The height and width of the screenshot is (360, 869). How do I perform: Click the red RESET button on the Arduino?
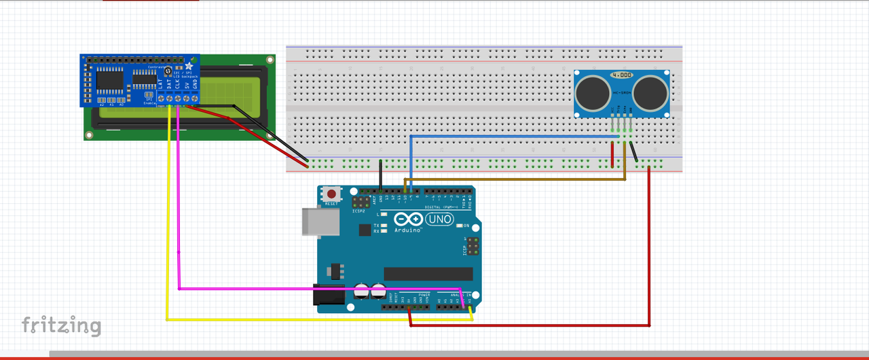331,194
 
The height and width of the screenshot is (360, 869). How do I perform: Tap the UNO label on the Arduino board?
439,219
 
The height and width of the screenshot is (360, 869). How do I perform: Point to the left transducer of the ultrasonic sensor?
591,89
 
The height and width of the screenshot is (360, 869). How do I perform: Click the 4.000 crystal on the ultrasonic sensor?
622,75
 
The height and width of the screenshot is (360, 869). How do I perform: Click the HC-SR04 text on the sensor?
622,92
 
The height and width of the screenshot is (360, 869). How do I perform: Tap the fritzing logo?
61,325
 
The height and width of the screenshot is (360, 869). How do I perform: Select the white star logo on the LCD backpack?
189,66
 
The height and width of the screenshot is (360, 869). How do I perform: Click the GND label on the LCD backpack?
195,84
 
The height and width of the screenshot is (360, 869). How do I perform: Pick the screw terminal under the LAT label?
161,99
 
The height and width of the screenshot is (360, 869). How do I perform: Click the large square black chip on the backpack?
109,81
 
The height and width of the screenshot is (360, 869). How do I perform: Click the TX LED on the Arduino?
384,225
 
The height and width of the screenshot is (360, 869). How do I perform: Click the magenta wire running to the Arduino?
179,204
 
